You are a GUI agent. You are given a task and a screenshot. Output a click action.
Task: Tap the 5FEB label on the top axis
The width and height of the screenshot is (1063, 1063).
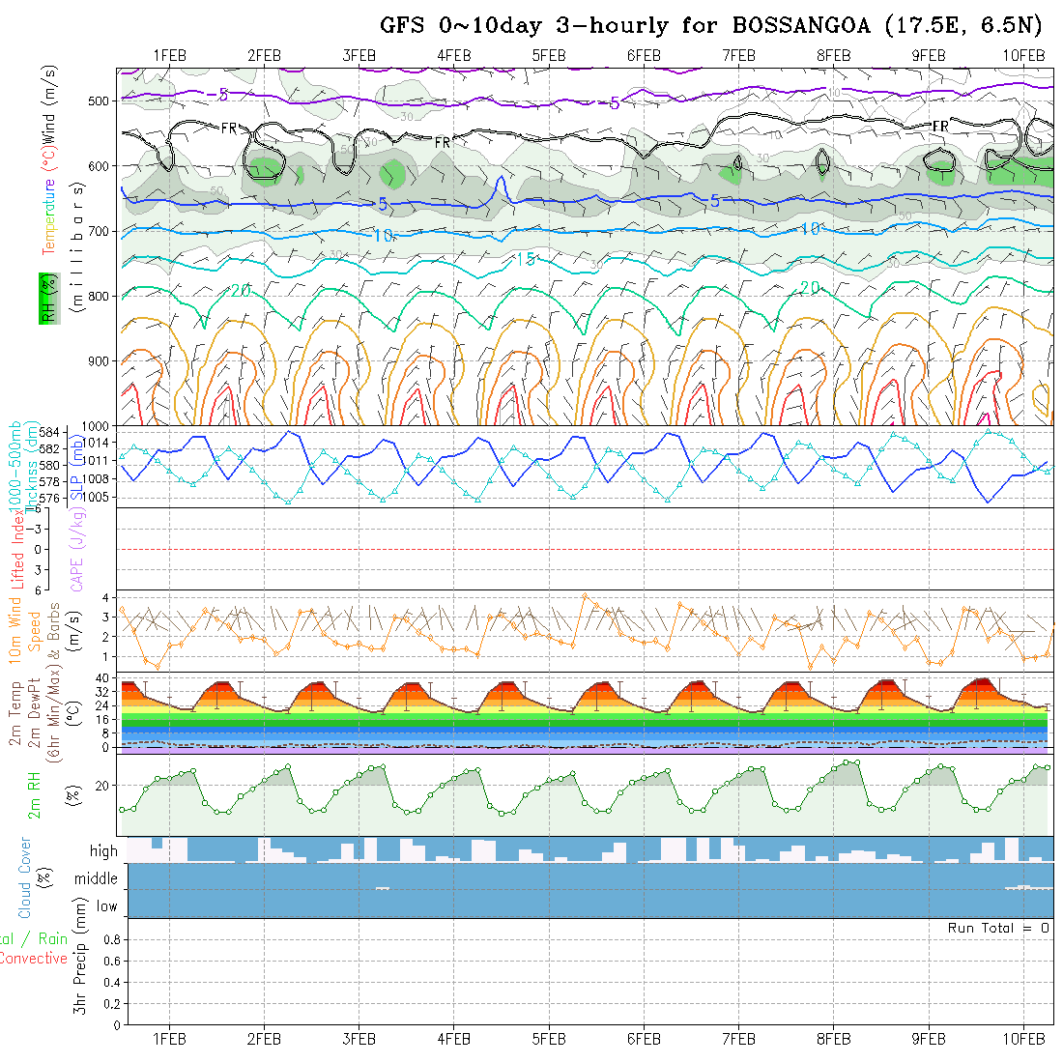click(548, 55)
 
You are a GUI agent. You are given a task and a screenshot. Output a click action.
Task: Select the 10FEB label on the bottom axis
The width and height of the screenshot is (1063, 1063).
click(1024, 1039)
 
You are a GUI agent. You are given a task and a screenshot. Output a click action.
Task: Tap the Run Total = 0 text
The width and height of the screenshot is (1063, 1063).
click(998, 928)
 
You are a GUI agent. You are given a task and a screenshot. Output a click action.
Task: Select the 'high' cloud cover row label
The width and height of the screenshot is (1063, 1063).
click(103, 851)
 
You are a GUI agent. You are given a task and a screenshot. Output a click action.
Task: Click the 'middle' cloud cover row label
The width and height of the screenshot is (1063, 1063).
click(96, 879)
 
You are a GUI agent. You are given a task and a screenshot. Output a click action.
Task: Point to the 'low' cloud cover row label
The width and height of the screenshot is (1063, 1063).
click(106, 906)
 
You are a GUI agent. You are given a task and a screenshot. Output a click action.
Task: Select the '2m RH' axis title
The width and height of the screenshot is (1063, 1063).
click(35, 794)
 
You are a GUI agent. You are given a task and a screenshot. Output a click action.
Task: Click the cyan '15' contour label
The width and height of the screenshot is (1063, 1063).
click(525, 259)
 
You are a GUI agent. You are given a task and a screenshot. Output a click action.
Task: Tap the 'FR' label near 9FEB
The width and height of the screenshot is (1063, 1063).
click(939, 127)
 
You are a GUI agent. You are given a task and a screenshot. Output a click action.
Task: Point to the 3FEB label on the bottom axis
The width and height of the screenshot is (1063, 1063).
click(359, 1039)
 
